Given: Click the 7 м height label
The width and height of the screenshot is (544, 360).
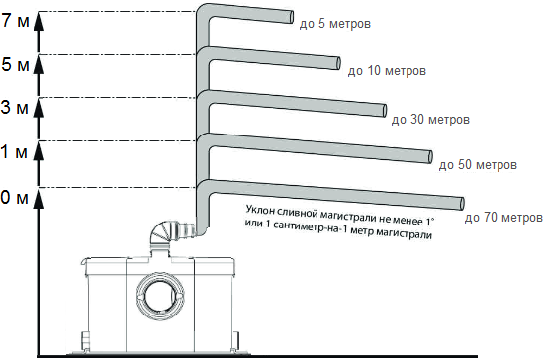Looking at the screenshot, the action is click(x=15, y=21).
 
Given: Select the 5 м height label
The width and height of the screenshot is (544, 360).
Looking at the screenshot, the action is click(x=15, y=64).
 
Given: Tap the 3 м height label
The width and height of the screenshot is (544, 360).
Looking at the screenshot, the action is click(x=15, y=107).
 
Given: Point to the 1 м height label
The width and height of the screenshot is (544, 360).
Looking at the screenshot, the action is click(x=14, y=151).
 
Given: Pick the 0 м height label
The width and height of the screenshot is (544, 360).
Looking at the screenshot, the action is click(x=15, y=197).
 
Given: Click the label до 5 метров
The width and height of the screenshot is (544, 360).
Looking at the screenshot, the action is click(x=335, y=24).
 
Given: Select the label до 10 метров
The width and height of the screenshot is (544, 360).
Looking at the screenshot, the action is click(x=387, y=71).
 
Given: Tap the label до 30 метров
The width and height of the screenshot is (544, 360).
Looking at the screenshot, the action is click(x=430, y=120).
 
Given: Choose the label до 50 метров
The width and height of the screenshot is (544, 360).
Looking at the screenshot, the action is click(x=478, y=164).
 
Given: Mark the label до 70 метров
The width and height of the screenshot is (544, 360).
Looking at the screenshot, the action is click(x=503, y=218).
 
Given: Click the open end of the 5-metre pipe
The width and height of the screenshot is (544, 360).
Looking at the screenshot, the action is click(x=292, y=17).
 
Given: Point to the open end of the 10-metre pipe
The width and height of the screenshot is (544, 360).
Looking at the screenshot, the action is click(x=338, y=63).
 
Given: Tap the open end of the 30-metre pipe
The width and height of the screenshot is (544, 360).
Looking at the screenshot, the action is click(x=385, y=111).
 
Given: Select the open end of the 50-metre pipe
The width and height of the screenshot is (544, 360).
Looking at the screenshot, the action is click(x=430, y=157).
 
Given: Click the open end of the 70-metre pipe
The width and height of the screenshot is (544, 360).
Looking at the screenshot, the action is click(x=462, y=204).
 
